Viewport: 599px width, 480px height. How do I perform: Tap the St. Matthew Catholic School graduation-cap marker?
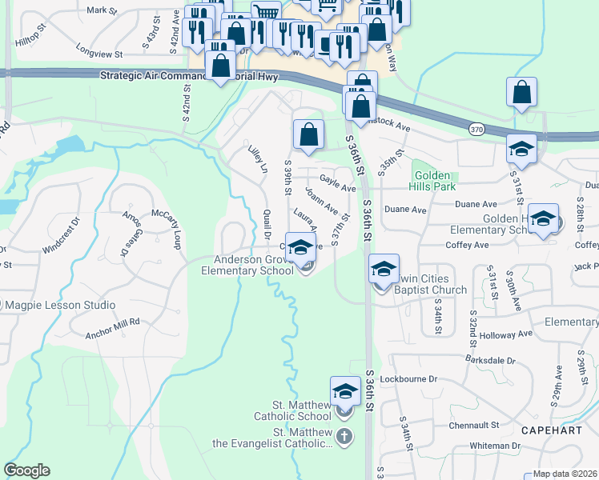[x=345, y=391]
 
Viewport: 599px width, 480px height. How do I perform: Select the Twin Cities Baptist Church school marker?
[x=384, y=268]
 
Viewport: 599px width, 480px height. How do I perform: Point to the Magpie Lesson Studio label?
[x=60, y=305]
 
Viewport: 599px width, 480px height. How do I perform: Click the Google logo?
[x=27, y=470]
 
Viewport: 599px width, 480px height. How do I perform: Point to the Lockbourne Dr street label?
[x=409, y=378]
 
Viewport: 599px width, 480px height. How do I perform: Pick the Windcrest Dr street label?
[x=62, y=234]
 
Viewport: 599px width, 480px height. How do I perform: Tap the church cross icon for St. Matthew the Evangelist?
[x=344, y=436]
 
